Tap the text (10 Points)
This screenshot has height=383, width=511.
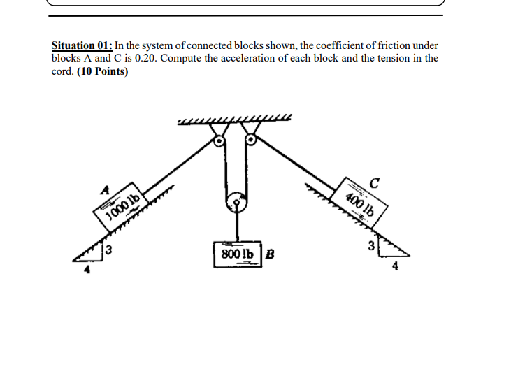(102, 71)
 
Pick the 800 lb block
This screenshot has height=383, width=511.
(236, 253)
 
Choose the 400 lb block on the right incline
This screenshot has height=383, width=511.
(361, 203)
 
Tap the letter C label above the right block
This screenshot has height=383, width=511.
(375, 184)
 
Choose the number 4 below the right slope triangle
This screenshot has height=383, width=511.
(395, 266)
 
